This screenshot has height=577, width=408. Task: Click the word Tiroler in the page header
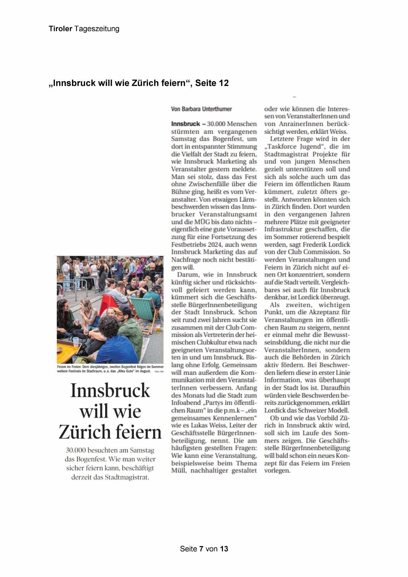pos(60,29)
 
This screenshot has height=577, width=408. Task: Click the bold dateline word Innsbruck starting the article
pos(185,124)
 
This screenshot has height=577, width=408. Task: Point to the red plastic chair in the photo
pos(110,299)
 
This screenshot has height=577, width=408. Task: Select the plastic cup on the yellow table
pos(76,342)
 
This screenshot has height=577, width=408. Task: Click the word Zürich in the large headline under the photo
pos(84,432)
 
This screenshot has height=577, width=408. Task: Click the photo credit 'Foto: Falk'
pos(159,371)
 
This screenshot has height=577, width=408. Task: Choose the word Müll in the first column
pos(179,470)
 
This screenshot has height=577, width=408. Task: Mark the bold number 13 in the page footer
pos(224,549)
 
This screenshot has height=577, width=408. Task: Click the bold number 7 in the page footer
pos(201,549)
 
